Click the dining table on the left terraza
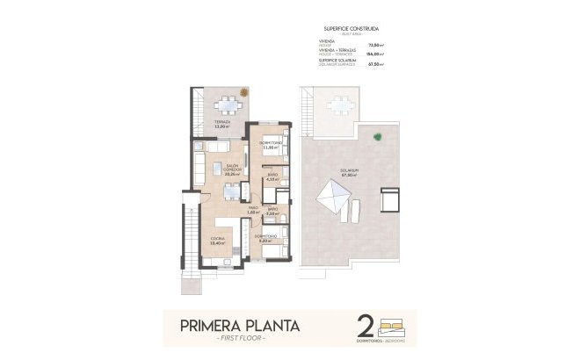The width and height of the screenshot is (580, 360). click(x=228, y=106)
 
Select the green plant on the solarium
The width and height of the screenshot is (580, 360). click(x=377, y=136)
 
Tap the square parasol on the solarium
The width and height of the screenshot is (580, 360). click(x=331, y=198)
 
